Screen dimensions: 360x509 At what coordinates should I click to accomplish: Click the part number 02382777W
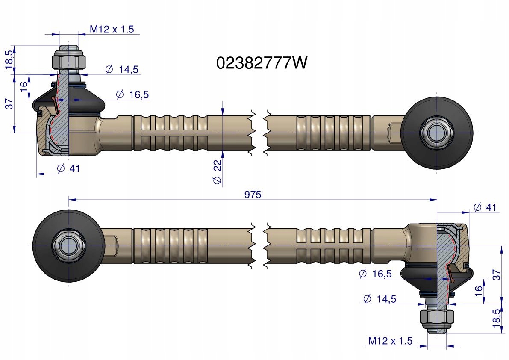[262, 63]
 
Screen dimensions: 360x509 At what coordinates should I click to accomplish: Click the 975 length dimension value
[253, 195]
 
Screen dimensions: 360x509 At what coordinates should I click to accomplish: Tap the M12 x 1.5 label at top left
[112, 29]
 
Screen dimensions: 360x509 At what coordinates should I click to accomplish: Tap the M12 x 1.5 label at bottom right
[390, 341]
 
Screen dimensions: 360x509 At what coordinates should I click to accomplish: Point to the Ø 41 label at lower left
[68, 168]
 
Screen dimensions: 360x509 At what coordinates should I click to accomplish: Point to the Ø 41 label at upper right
[486, 207]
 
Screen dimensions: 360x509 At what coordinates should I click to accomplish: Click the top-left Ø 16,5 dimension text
[132, 94]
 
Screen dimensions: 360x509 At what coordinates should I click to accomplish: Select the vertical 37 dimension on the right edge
[497, 275]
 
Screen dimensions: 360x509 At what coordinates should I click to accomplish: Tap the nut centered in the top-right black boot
[436, 133]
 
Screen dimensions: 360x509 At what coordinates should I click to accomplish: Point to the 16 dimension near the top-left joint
[24, 84]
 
